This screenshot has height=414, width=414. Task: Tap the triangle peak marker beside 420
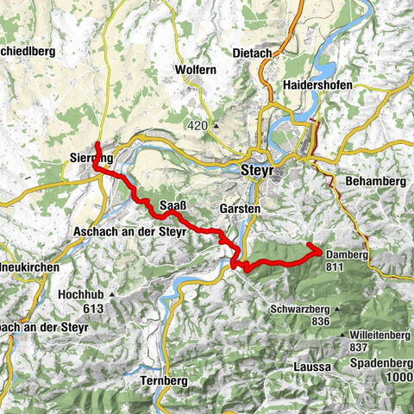[216, 127]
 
